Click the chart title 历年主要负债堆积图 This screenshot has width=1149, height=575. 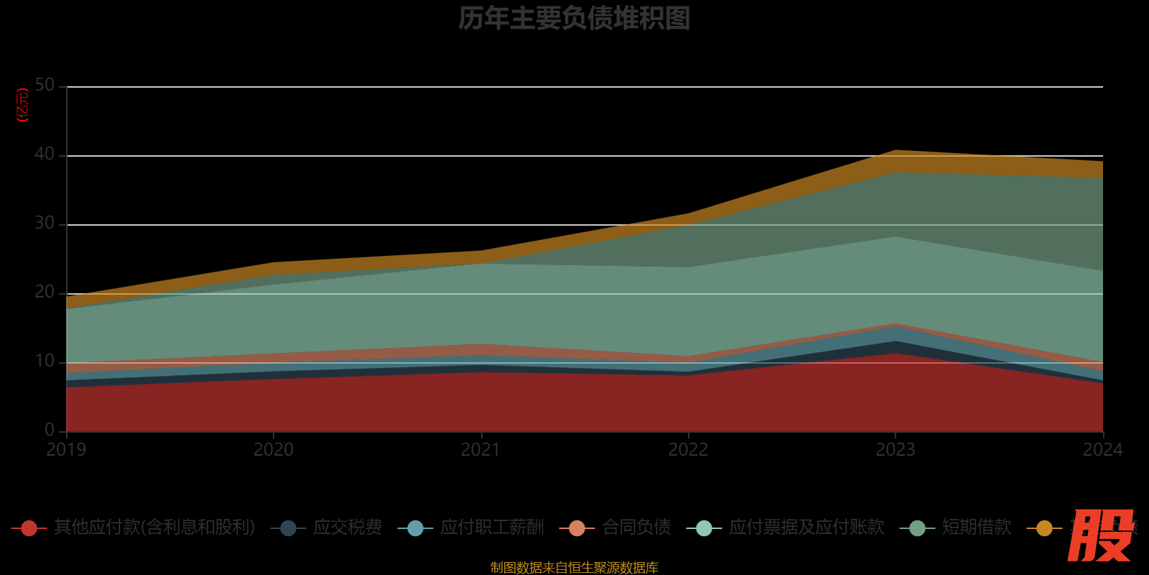point(574,19)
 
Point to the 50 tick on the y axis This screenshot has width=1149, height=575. point(45,86)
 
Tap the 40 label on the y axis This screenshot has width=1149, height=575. point(45,155)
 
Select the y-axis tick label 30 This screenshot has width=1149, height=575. point(45,224)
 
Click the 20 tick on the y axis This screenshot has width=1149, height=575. point(45,293)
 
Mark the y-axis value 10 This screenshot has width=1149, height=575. point(45,362)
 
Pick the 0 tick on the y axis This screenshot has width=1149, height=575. point(50,430)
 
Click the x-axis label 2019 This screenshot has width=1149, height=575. point(66,450)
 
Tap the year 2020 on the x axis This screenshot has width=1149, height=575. point(274,450)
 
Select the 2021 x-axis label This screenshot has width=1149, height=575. point(480,450)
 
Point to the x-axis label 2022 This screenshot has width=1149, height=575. point(688,450)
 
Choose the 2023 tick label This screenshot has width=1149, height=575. point(895,450)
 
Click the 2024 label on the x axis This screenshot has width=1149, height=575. point(1102,450)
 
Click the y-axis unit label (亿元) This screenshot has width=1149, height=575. point(22,105)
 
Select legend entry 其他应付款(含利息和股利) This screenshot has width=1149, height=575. point(154,528)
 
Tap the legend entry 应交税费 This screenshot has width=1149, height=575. point(347,528)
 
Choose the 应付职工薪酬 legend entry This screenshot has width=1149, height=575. point(492,528)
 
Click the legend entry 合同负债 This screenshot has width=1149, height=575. point(636,528)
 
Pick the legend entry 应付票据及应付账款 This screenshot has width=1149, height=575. point(806,528)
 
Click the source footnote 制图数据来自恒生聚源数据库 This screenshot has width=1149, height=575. point(574,568)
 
